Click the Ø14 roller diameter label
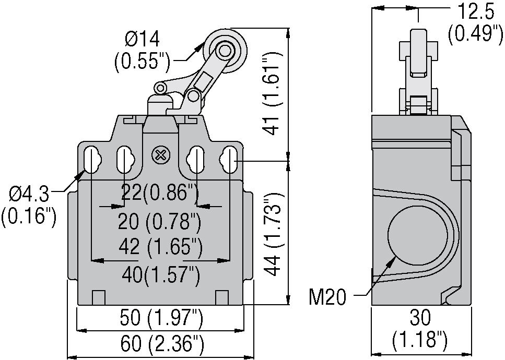coord(142,40)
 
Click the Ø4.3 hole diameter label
coord(29,195)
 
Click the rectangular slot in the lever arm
coord(204,81)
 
